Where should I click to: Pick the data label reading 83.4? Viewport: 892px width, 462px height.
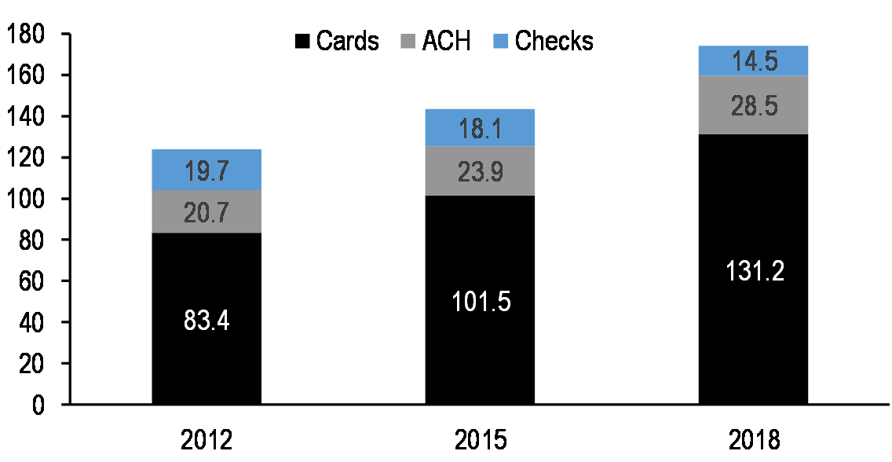(207, 321)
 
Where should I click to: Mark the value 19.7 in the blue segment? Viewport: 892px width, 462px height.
(207, 170)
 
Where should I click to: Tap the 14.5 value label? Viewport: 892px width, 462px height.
(753, 61)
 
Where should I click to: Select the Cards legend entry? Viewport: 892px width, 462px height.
(338, 41)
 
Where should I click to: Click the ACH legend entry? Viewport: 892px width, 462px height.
(436, 41)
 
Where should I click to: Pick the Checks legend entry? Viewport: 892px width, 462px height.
(544, 41)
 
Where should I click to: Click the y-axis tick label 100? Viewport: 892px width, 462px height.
(27, 200)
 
